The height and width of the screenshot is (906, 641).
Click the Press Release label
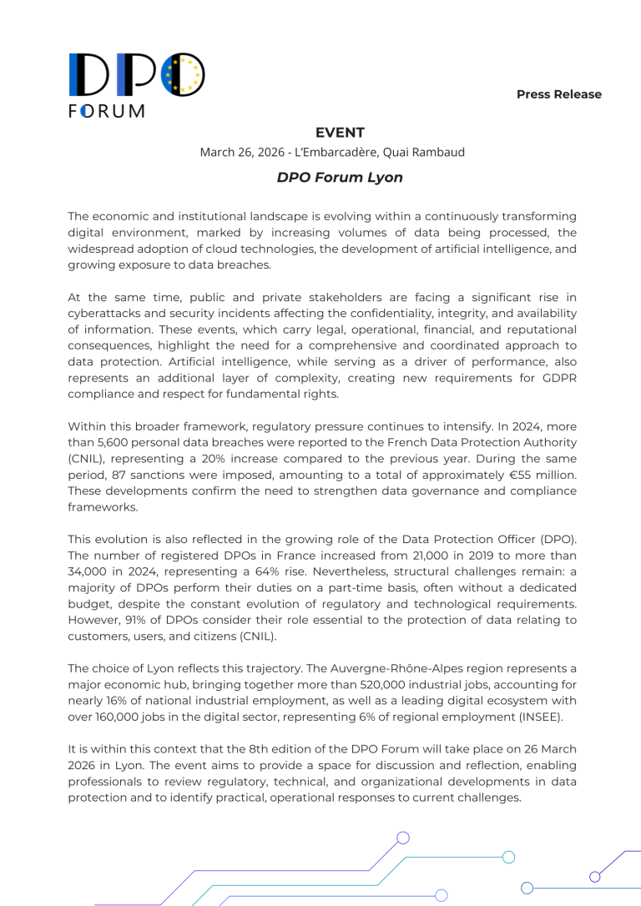click(x=558, y=94)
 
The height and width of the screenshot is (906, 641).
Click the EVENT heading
click(x=340, y=133)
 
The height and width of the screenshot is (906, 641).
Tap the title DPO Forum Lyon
click(x=340, y=178)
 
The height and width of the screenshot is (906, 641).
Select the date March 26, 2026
click(x=236, y=153)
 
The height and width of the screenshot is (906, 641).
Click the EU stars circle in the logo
click(x=183, y=74)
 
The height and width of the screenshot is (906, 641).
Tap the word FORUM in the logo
click(x=106, y=111)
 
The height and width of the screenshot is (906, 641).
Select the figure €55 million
click(x=534, y=475)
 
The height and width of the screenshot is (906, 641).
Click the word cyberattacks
click(x=109, y=312)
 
